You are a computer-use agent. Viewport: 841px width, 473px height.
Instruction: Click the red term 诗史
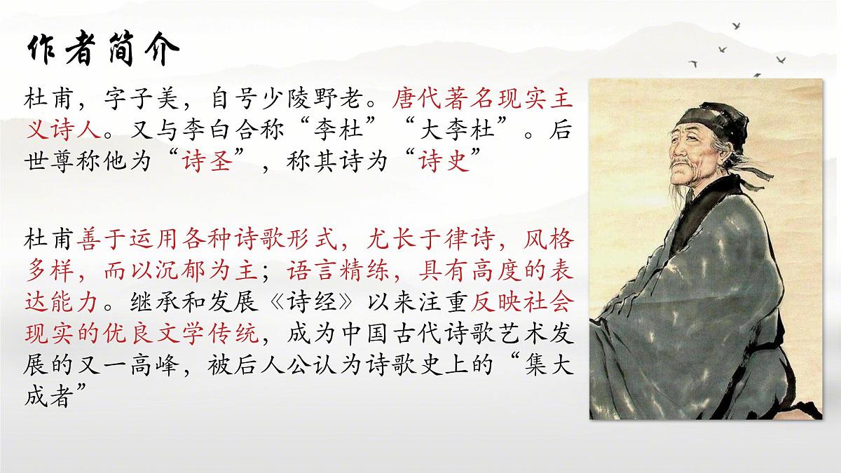coord(440,165)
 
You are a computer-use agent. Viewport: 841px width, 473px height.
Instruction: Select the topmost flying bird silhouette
coord(736,25)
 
